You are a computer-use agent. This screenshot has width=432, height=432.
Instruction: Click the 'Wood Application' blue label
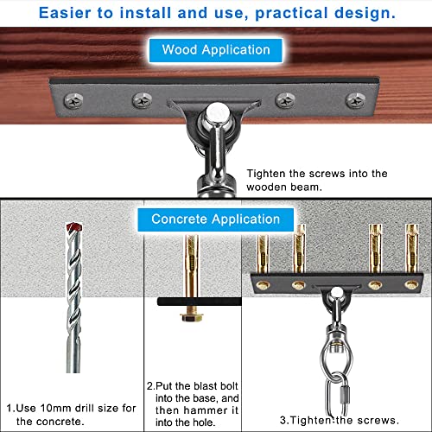coord(216,50)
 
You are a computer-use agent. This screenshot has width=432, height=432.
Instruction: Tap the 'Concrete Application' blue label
coord(216,219)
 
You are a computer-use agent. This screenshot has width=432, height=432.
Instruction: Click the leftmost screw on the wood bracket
coord(73,101)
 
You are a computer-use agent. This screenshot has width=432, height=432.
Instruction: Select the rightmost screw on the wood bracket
coord(356,101)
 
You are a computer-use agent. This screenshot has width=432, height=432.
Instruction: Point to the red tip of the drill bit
coord(74,226)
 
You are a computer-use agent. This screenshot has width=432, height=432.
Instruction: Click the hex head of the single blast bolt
coord(192,317)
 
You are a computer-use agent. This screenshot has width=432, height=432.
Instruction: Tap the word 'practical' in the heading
coord(291,13)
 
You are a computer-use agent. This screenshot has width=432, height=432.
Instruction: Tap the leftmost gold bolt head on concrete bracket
coord(263,285)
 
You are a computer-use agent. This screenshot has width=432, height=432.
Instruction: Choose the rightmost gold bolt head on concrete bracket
coord(411,284)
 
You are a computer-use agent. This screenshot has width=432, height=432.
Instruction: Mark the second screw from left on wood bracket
coord(142,100)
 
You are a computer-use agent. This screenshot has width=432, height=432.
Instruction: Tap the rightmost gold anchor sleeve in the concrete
coord(412,248)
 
